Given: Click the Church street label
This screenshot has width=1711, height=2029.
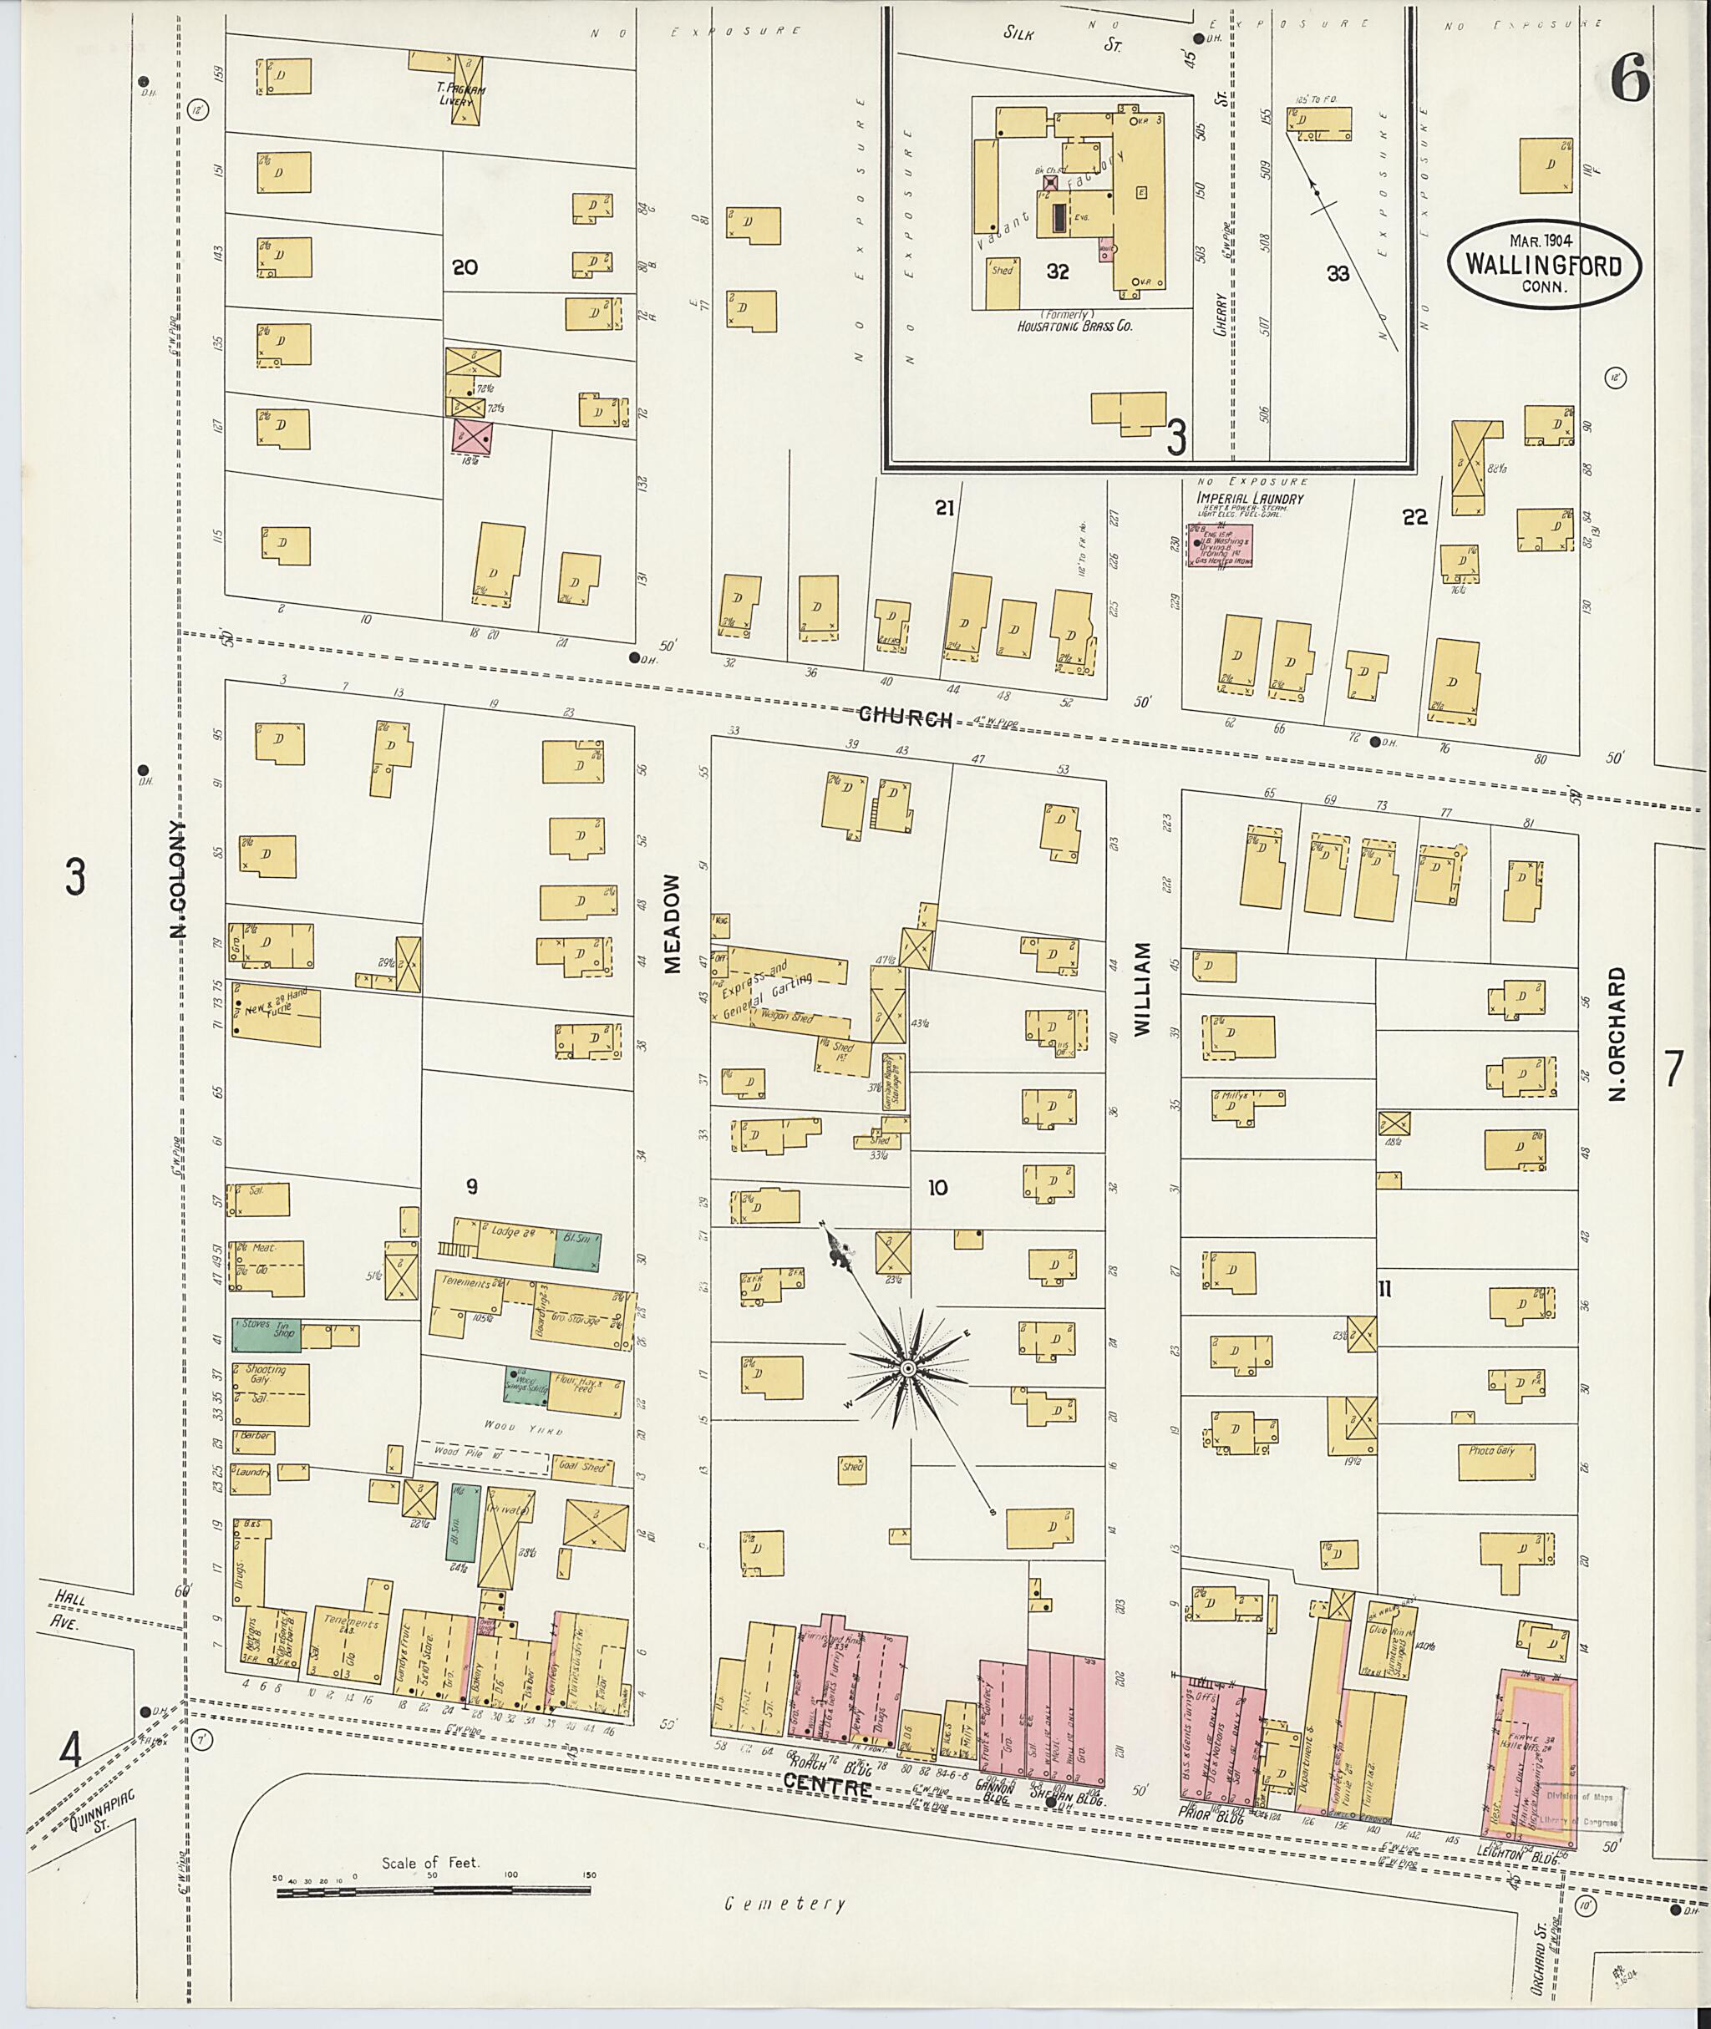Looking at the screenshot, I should pyautogui.click(x=904, y=717).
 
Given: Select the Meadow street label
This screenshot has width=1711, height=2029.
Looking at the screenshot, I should pyautogui.click(x=673, y=922).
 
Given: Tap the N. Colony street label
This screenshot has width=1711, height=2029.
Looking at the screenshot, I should pyautogui.click(x=177, y=880).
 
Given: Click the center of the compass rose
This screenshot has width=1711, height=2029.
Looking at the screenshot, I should pyautogui.click(x=908, y=1368).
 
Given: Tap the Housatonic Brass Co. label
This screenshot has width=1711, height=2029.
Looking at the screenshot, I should pyautogui.click(x=1074, y=327).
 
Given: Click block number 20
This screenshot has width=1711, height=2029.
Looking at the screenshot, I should pyautogui.click(x=465, y=267).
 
